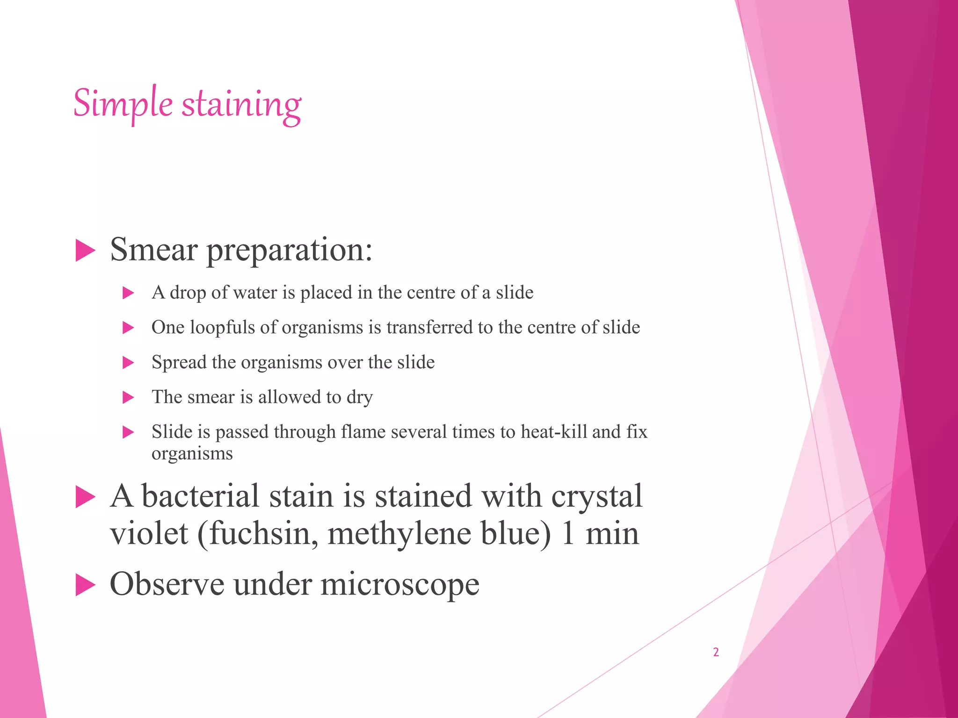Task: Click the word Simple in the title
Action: pyautogui.click(x=123, y=104)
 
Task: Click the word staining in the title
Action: pyautogui.click(x=241, y=105)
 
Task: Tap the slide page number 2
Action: pyautogui.click(x=716, y=652)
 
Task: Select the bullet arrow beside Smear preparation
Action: pyautogui.click(x=85, y=251)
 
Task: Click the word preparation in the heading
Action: pyautogui.click(x=289, y=251)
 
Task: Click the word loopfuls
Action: pyautogui.click(x=222, y=328)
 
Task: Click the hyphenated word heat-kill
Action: pyautogui.click(x=554, y=432)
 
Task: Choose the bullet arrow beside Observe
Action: pyautogui.click(x=85, y=585)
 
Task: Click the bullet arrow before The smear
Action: pyautogui.click(x=128, y=398)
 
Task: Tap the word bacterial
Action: pyautogui.click(x=200, y=496)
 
